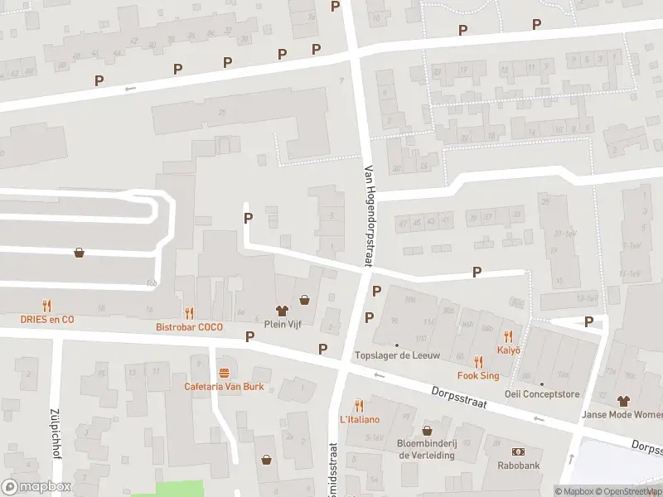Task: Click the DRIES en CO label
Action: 47,319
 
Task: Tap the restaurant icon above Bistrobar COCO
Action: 189,313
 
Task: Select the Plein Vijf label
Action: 282,324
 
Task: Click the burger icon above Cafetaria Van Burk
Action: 223,373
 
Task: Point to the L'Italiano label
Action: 359,419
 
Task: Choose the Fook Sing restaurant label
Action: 478,375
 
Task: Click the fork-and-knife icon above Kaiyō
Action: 508,336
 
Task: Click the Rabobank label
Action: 519,465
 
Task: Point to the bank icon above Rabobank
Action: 519,451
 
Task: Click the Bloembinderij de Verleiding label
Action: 427,449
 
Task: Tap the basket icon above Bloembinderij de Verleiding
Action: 427,431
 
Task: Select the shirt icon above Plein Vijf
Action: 282,311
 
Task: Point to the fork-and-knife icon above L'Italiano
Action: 359,405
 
